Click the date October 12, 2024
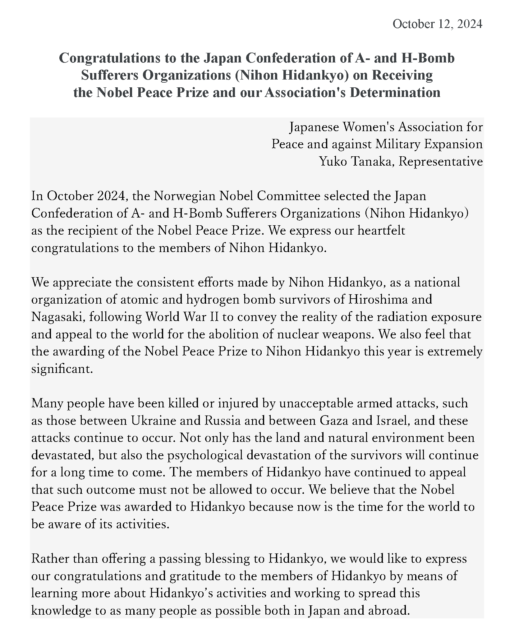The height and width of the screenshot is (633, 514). pos(437,24)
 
